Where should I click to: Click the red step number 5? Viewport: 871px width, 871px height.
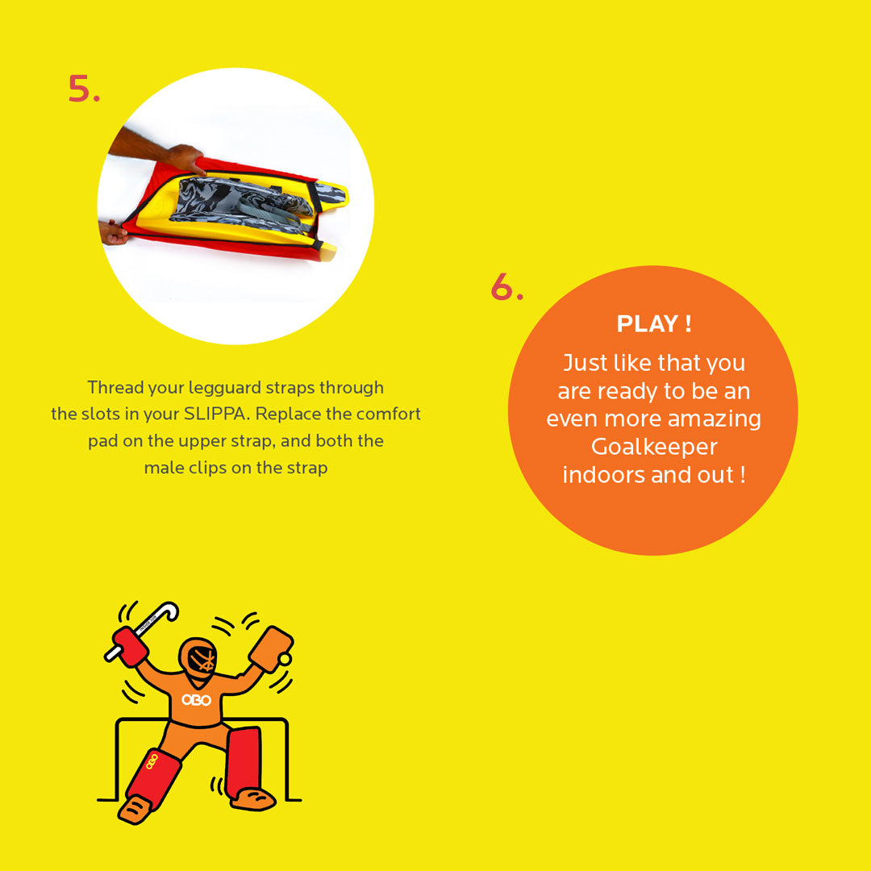pyautogui.click(x=84, y=89)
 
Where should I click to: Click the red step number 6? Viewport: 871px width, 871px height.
pyautogui.click(x=506, y=286)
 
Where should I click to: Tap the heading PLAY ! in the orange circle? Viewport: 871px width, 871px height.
pyautogui.click(x=654, y=324)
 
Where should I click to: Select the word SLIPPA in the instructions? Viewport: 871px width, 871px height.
pyautogui.click(x=215, y=414)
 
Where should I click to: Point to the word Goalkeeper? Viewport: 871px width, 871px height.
pyautogui.click(x=654, y=447)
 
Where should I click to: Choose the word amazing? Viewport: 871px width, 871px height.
pyautogui.click(x=714, y=419)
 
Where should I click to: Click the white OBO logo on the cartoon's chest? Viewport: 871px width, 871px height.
pyautogui.click(x=196, y=700)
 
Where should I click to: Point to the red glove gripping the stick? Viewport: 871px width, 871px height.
pyautogui.click(x=129, y=646)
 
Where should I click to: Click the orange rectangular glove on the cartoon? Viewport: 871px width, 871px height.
pyautogui.click(x=270, y=648)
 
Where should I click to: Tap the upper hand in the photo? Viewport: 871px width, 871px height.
pyautogui.click(x=185, y=158)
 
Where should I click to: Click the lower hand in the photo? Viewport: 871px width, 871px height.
pyautogui.click(x=113, y=232)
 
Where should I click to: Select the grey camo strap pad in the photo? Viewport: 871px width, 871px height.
pyautogui.click(x=242, y=202)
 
